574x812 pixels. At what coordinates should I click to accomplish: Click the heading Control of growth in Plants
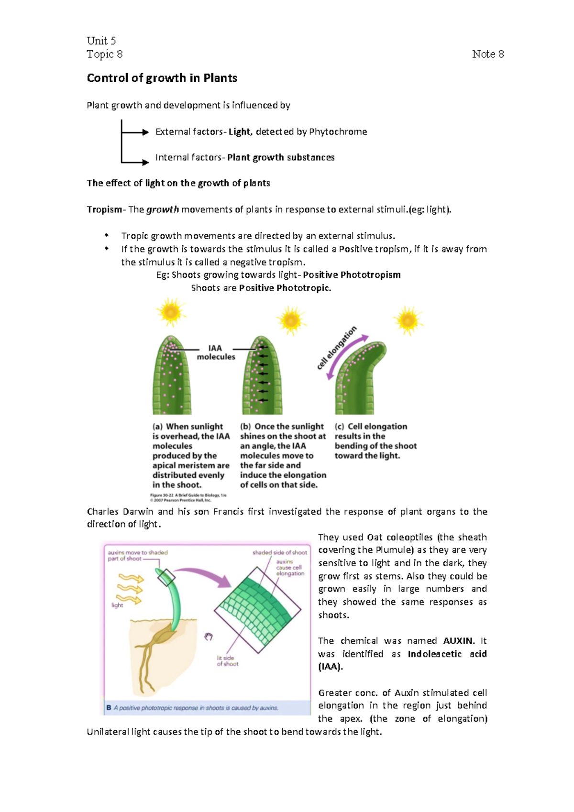(162, 78)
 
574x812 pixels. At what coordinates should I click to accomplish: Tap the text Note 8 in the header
(487, 54)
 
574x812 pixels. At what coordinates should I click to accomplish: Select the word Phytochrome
(338, 132)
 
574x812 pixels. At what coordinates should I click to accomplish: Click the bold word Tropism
(104, 209)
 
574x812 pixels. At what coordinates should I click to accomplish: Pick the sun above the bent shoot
(408, 320)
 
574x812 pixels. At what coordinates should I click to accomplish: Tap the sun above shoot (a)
(171, 312)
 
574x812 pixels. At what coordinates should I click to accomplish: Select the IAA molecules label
(216, 352)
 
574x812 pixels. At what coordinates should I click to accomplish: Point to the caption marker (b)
(245, 427)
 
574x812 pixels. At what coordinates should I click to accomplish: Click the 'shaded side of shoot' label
(280, 552)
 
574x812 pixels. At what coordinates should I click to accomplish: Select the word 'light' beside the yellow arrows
(117, 605)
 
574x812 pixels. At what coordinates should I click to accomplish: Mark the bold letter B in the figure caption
(109, 708)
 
